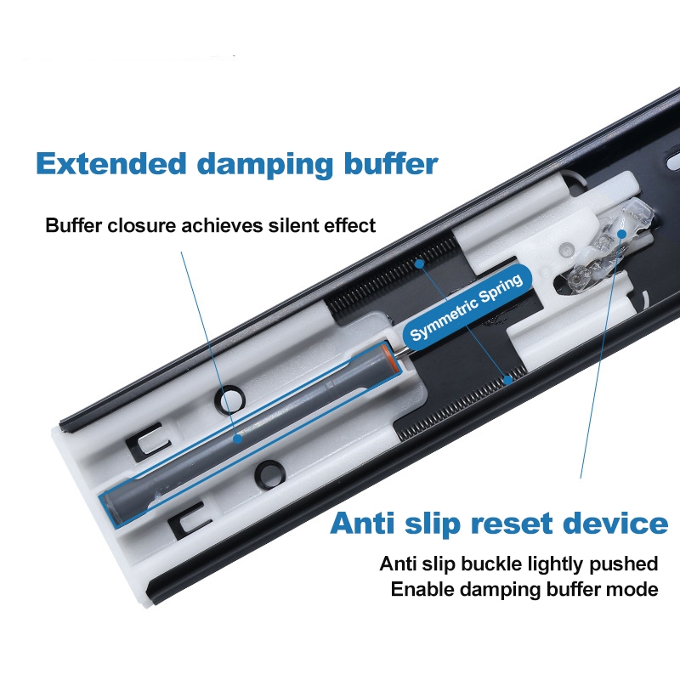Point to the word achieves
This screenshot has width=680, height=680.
(x=220, y=226)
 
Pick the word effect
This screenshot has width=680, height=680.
(x=347, y=226)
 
